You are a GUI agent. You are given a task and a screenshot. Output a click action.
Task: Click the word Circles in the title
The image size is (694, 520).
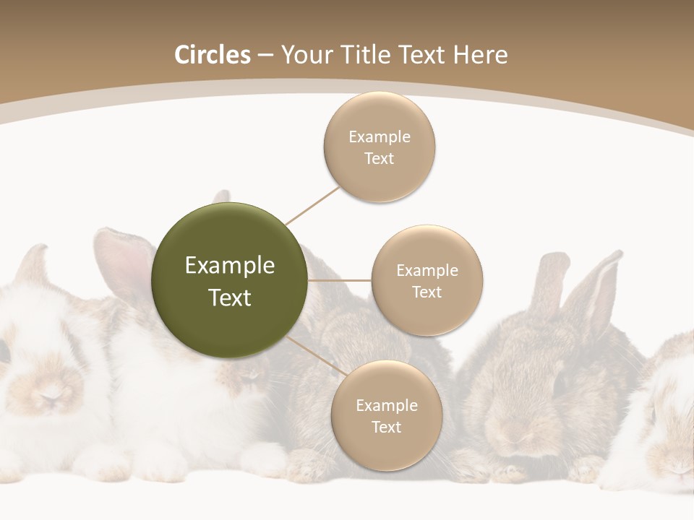(x=212, y=55)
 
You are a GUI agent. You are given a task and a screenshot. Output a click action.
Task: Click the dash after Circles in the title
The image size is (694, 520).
(x=265, y=56)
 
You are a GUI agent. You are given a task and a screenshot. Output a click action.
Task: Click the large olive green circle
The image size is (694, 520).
(x=230, y=280)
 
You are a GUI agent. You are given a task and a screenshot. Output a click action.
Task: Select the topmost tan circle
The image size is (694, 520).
(x=379, y=147)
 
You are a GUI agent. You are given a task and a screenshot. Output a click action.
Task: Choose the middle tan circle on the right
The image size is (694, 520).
(x=427, y=281)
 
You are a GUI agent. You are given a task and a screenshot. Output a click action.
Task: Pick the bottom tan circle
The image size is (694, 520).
(x=386, y=416)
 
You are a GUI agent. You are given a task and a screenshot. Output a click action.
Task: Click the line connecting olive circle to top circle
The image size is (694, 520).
(x=312, y=206)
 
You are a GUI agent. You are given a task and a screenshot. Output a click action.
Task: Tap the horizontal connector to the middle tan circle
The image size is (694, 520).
(x=339, y=280)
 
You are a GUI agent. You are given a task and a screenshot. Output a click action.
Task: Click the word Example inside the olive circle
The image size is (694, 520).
(x=230, y=266)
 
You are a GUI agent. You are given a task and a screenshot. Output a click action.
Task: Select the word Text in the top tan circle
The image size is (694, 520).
(x=379, y=159)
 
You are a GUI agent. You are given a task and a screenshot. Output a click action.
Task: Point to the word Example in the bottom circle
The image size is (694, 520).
(x=386, y=405)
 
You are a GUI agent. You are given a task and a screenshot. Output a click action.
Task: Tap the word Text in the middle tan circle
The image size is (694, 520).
(x=427, y=292)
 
